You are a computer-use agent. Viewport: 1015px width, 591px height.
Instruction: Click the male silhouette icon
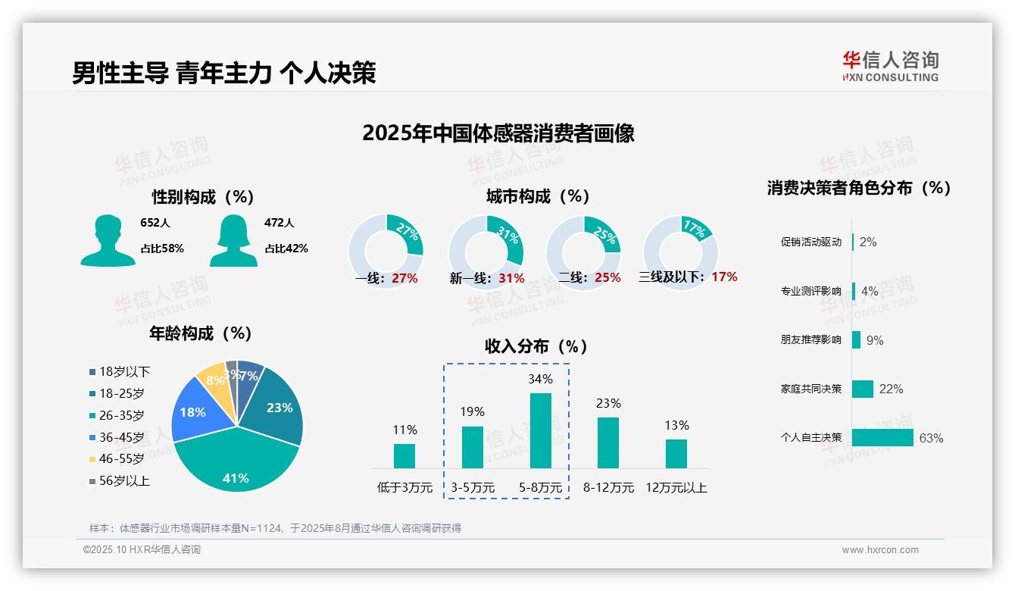(108, 240)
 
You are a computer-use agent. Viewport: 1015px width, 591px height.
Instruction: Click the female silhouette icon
(233, 240)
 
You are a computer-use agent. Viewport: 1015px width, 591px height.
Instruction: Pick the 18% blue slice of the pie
(194, 412)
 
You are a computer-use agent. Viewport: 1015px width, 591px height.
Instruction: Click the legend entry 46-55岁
(121, 458)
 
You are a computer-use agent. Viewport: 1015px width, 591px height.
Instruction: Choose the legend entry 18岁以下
(124, 371)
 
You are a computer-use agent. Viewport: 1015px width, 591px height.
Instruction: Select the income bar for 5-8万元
(540, 430)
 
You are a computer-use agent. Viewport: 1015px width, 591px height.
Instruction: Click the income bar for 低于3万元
(404, 455)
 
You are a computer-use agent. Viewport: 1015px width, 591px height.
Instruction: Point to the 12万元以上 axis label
(676, 487)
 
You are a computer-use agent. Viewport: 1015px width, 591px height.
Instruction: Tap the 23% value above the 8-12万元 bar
(608, 403)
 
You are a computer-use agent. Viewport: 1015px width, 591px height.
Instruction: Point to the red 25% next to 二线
(607, 277)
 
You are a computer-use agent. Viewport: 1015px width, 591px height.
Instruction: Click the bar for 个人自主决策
(882, 437)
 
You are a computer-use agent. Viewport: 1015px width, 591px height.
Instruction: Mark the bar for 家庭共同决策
(863, 389)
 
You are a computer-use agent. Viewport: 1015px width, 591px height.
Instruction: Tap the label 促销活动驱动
(810, 242)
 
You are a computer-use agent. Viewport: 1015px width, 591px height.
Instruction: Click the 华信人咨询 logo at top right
(891, 66)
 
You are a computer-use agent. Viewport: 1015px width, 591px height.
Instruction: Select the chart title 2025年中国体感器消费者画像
(498, 133)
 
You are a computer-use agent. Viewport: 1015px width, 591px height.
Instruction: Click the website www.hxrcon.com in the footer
(879, 550)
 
